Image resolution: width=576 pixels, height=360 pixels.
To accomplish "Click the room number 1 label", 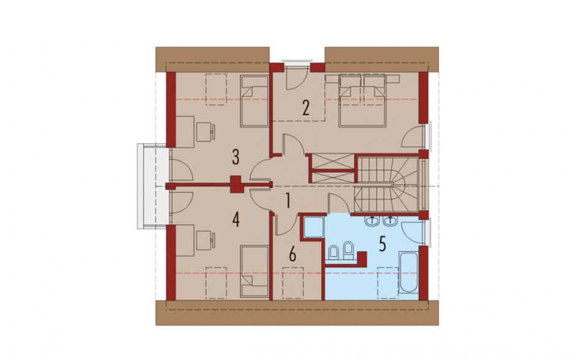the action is pyautogui.click(x=289, y=201).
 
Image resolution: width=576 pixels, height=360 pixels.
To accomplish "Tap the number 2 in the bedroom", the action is pyautogui.click(x=306, y=108).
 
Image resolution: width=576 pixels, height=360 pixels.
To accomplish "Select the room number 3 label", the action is pyautogui.click(x=235, y=157).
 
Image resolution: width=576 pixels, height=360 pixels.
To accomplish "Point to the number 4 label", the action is pyautogui.click(x=236, y=220).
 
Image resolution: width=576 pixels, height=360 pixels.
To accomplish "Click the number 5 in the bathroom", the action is pyautogui.click(x=382, y=244).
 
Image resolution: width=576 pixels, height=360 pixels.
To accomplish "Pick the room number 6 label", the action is pyautogui.click(x=292, y=254).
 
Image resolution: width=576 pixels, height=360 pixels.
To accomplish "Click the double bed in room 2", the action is pyautogui.click(x=363, y=101).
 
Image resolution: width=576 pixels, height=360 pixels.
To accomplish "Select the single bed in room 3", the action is pyautogui.click(x=254, y=101).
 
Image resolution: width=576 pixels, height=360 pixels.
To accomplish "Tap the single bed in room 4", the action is pyautogui.click(x=254, y=271).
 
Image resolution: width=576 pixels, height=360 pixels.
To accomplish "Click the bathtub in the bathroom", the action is pyautogui.click(x=408, y=272).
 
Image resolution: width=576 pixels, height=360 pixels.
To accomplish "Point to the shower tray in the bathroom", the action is pyautogui.click(x=313, y=226).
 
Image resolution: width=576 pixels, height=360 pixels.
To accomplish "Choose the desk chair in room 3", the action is pyautogui.click(x=206, y=132).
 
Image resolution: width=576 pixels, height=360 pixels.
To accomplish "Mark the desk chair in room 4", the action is pyautogui.click(x=206, y=240).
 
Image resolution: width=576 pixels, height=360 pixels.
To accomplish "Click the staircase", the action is pyautogui.click(x=387, y=185).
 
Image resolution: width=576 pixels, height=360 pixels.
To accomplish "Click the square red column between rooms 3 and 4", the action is pyautogui.click(x=236, y=185).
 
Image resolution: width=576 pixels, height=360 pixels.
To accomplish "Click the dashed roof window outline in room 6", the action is pyautogui.click(x=293, y=282).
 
